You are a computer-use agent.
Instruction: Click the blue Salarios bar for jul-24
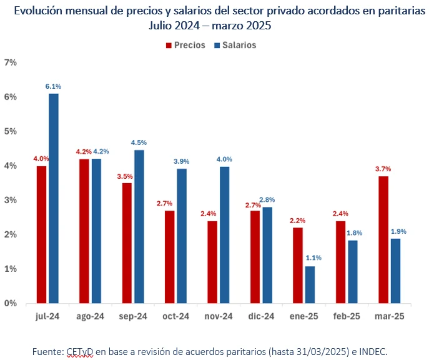point(54,198)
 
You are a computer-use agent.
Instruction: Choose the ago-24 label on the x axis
point(89,317)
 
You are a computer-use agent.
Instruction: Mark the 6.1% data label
point(54,86)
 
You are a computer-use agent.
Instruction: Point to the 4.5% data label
point(139,142)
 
